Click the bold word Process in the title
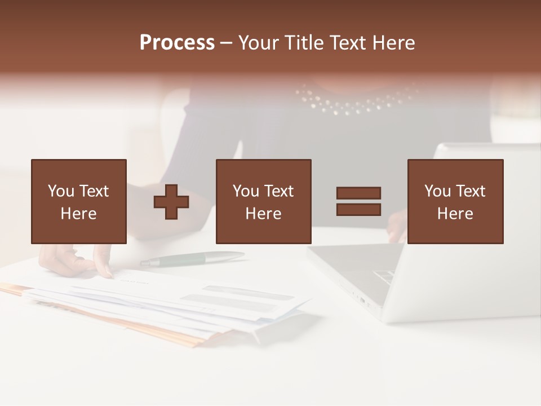coord(177,43)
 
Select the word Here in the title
coord(393,43)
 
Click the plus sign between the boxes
coord(171,202)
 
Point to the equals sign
coord(358,201)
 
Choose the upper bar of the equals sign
coord(358,193)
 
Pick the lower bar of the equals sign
coord(358,209)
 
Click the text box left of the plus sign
coord(78,201)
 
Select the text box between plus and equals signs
coord(263,201)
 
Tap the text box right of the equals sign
coord(455,201)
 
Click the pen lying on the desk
coord(192,259)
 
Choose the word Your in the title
coord(259,43)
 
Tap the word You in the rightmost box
coord(437,191)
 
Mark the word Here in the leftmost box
coord(78,214)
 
